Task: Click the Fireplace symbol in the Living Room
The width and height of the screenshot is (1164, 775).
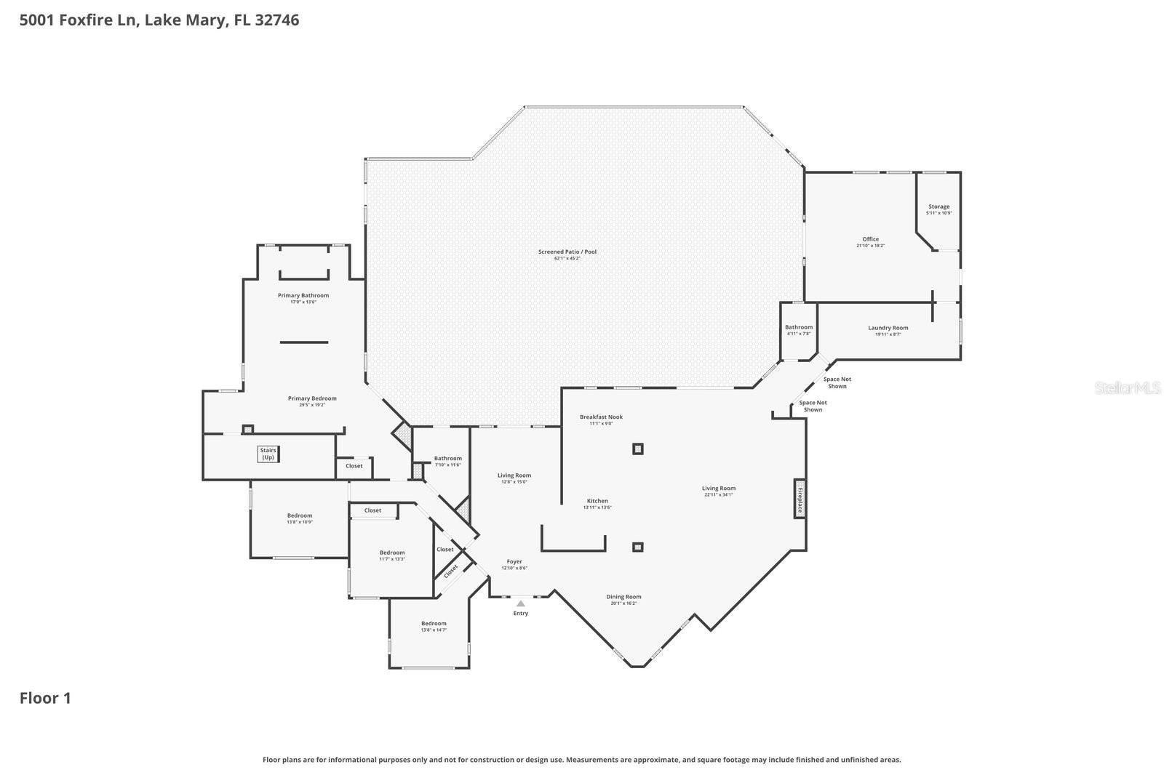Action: pyautogui.click(x=800, y=499)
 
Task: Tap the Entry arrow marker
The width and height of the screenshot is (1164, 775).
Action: pyautogui.click(x=520, y=603)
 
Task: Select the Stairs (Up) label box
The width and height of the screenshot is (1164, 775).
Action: pyautogui.click(x=268, y=454)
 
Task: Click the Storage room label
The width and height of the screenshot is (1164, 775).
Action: pyautogui.click(x=938, y=209)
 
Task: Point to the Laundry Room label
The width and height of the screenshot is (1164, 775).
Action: pyautogui.click(x=888, y=330)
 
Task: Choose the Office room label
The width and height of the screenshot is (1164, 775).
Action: pyautogui.click(x=870, y=241)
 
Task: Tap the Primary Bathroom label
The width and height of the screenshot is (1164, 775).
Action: pyautogui.click(x=303, y=298)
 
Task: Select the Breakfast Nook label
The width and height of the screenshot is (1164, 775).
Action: pyautogui.click(x=601, y=419)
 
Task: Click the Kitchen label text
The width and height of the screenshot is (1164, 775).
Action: pyautogui.click(x=597, y=503)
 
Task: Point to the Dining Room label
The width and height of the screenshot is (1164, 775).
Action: pyautogui.click(x=623, y=599)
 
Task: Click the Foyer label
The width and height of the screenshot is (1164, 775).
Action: pyautogui.click(x=514, y=564)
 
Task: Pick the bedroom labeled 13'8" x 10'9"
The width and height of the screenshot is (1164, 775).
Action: pyautogui.click(x=299, y=518)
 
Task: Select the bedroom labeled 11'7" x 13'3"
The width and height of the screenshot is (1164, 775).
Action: pyautogui.click(x=392, y=555)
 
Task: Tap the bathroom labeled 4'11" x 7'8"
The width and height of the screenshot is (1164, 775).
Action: pyautogui.click(x=799, y=329)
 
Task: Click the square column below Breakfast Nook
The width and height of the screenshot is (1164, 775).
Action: pyautogui.click(x=637, y=449)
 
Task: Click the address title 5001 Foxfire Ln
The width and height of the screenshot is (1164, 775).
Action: pyautogui.click(x=159, y=20)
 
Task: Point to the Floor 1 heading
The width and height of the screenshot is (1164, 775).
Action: pyautogui.click(x=45, y=698)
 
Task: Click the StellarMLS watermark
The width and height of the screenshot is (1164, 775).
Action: pyautogui.click(x=1128, y=387)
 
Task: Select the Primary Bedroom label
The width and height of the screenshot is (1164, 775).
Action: pyautogui.click(x=312, y=401)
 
